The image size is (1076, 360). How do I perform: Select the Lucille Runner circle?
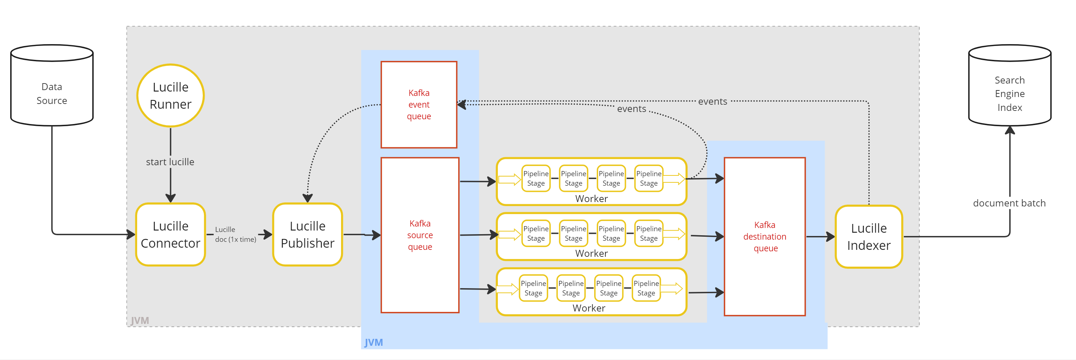pyautogui.click(x=170, y=96)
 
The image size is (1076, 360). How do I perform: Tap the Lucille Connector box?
pyautogui.click(x=170, y=234)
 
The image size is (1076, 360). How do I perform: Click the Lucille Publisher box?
pyautogui.click(x=307, y=234)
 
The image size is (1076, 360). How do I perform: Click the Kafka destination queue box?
pyautogui.click(x=765, y=236)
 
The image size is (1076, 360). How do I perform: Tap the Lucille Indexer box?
pyautogui.click(x=868, y=237)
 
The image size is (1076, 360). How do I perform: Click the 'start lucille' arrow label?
pyautogui.click(x=170, y=162)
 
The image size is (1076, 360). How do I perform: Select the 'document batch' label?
pyautogui.click(x=1009, y=203)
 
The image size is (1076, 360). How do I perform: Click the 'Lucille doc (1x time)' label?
pyautogui.click(x=235, y=234)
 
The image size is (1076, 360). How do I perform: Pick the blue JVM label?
pyautogui.click(x=373, y=342)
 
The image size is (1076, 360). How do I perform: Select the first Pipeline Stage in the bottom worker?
pyautogui.click(x=533, y=288)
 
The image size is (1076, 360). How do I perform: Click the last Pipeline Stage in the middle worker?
pyautogui.click(x=648, y=233)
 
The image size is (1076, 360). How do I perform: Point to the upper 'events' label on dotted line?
pyautogui.click(x=712, y=101)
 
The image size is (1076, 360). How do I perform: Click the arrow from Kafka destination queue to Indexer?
pyautogui.click(x=820, y=237)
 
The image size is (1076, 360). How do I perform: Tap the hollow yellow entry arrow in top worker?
pyautogui.click(x=509, y=179)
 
